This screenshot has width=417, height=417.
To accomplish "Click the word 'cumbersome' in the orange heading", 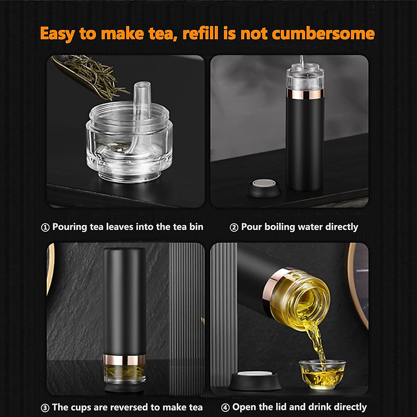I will (x=323, y=34).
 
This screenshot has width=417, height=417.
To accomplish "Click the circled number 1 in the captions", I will (x=45, y=228).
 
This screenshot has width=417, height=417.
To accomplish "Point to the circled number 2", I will (x=234, y=228).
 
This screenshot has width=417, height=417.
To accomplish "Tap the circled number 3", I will (x=45, y=408).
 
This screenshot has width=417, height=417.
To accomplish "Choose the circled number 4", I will (x=226, y=408).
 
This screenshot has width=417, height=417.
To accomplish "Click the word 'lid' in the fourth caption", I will (x=284, y=407).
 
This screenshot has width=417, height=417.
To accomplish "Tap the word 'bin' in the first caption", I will (x=196, y=227).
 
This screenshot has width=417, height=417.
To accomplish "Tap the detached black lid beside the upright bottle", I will (x=262, y=187).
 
